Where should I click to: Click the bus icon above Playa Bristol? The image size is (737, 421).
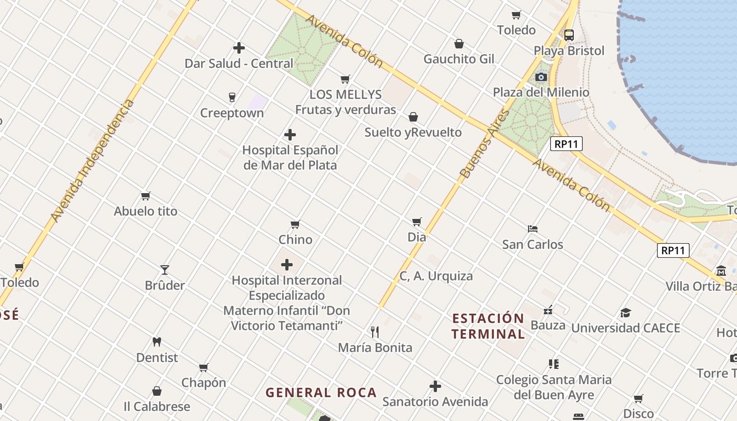point(569,35)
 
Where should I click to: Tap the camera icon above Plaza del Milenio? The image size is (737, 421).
point(541,77)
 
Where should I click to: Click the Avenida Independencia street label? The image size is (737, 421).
point(93,161)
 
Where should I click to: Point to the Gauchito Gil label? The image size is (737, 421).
point(459,59)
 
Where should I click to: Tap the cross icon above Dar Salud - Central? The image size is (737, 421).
point(239,48)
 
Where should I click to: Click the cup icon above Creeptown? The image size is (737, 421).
point(232,97)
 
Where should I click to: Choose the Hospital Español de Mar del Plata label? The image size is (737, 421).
point(290,157)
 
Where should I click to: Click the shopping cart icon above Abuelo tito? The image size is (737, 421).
point(146,196)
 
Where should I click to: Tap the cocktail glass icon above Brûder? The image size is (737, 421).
point(165,270)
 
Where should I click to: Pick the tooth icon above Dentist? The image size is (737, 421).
point(156,342)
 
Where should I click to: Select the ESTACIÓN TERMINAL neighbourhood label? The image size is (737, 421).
point(488,326)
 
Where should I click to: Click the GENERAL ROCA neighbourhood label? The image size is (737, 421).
point(321,393)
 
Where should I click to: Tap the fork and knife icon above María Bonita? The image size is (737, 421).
point(375,332)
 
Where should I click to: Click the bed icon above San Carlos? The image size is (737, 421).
point(533,229)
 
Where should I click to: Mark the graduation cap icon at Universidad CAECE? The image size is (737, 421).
point(625,313)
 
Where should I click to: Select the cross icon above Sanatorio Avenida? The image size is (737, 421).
point(435,386)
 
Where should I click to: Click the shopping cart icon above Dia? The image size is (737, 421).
point(417,222)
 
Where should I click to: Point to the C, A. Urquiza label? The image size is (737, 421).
point(436,276)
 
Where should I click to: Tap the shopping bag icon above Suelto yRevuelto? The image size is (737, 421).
point(413,116)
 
